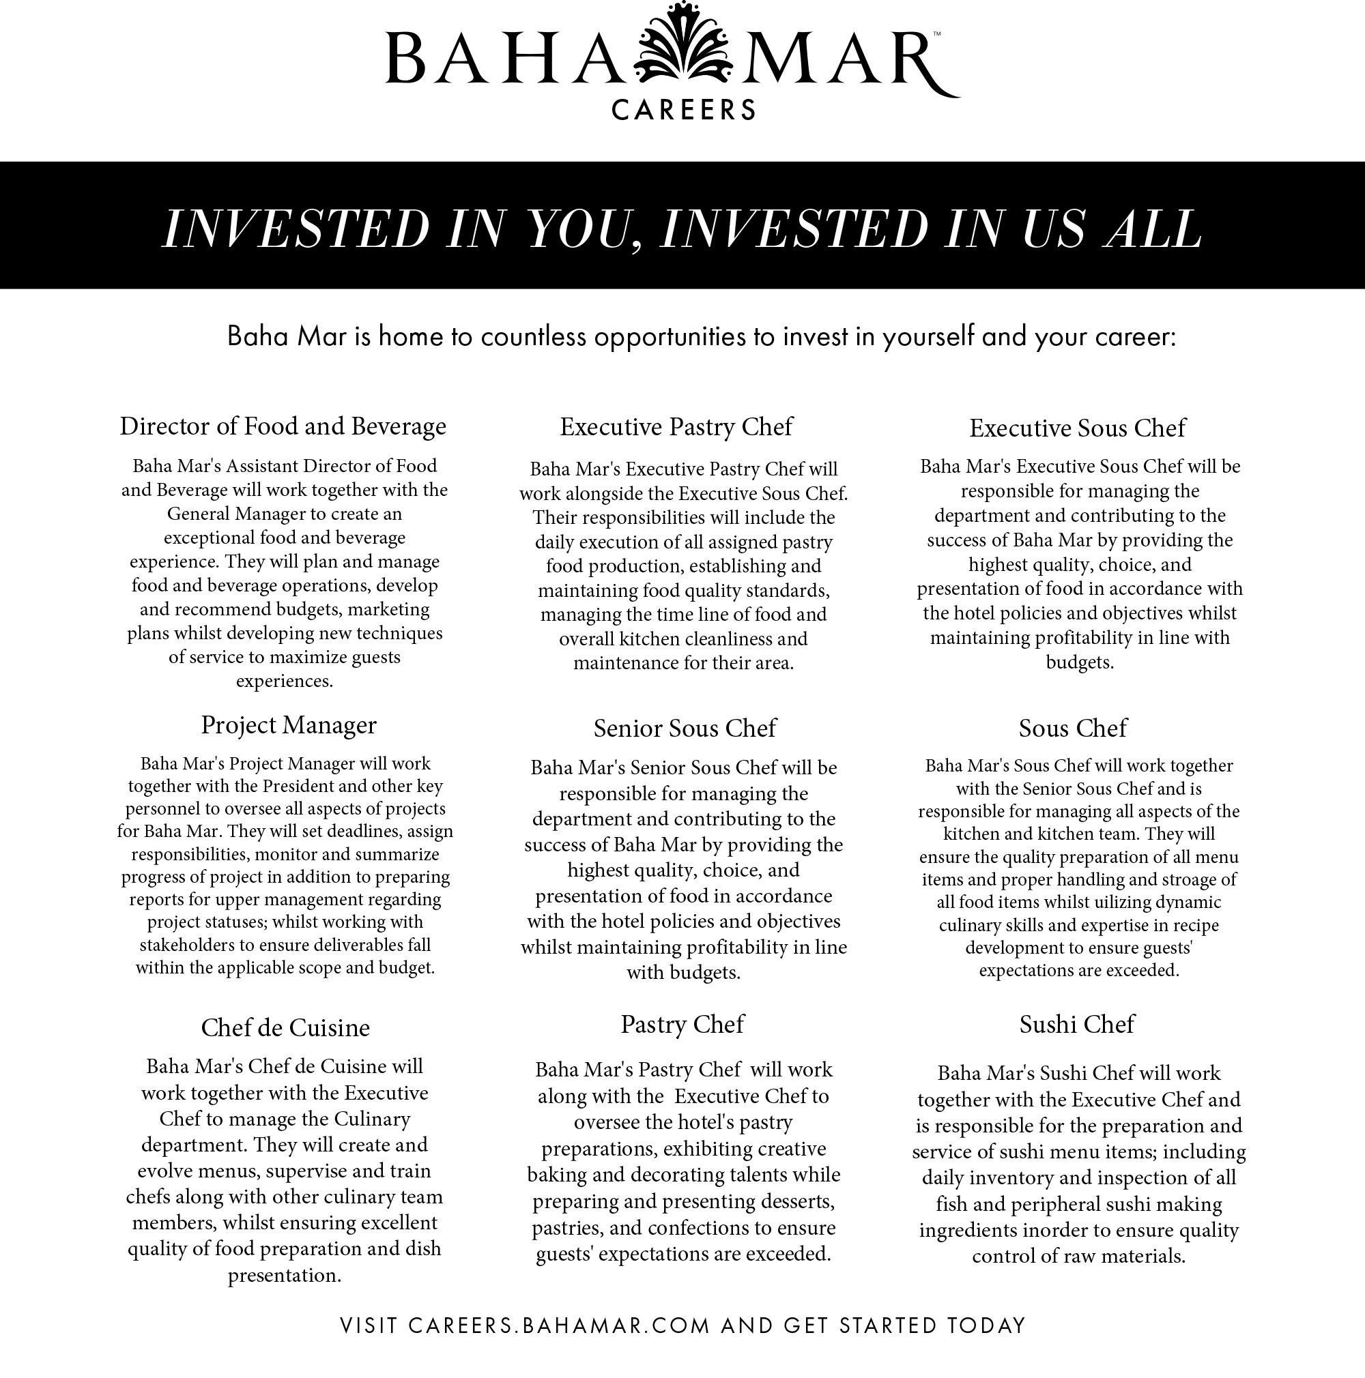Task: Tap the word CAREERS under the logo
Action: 684,110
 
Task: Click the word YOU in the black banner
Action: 579,229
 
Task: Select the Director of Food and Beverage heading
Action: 283,426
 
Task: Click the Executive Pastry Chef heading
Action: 676,426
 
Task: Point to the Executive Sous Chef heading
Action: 1077,428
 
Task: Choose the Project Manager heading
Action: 288,724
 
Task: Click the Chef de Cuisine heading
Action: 285,1027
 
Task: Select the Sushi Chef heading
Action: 1076,1024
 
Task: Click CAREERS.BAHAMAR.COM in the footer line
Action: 560,1325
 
